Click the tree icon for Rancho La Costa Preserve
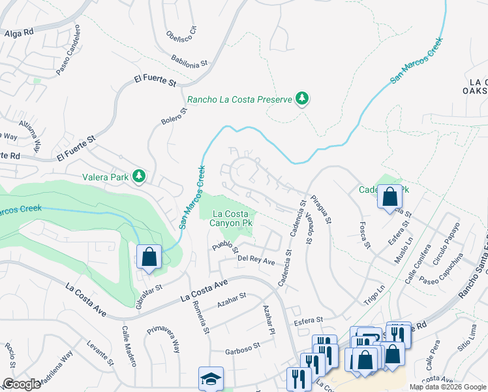pyautogui.click(x=301, y=99)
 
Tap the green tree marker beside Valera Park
pyautogui.click(x=138, y=176)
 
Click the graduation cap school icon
pyautogui.click(x=211, y=379)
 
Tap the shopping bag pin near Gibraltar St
pyautogui.click(x=149, y=257)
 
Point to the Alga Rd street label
pyautogui.click(x=18, y=33)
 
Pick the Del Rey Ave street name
pyautogui.click(x=256, y=259)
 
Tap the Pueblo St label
pyautogui.click(x=226, y=248)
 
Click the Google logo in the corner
pyautogui.click(x=22, y=384)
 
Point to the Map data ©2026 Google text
pyautogui.click(x=448, y=387)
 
